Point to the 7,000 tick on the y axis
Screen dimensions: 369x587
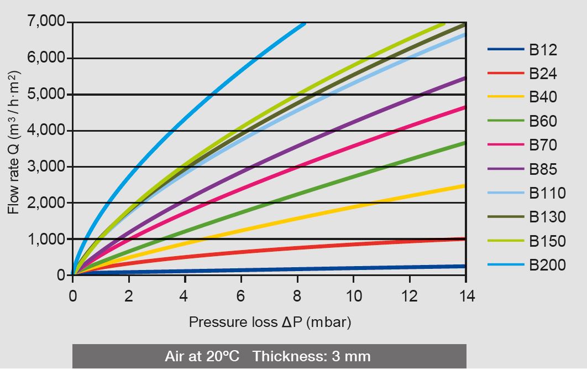45,22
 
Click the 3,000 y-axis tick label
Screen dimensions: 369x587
45,167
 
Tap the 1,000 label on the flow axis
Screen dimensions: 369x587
45,239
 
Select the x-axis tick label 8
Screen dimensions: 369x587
297,296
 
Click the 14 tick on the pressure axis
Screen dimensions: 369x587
465,296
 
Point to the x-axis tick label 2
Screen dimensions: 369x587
129,296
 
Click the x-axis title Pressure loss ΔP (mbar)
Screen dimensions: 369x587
270,322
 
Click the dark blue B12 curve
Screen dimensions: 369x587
332,269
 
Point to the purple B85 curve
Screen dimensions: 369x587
332,131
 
